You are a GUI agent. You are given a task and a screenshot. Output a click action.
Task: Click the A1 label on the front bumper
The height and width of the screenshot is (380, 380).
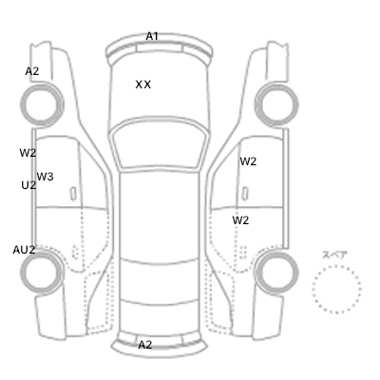click(x=152, y=36)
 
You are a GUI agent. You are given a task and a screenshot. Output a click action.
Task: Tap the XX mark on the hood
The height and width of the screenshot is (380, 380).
click(x=143, y=85)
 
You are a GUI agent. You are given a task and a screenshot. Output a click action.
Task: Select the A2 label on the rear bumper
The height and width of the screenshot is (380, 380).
click(x=145, y=345)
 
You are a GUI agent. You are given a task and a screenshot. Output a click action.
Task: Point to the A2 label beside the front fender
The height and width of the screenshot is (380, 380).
click(x=32, y=71)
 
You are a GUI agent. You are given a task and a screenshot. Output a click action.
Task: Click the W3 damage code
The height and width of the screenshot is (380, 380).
click(x=45, y=177)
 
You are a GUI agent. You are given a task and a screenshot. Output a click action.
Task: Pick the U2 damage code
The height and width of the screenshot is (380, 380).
click(x=28, y=185)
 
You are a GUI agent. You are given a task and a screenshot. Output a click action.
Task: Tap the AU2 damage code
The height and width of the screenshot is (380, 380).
click(x=24, y=250)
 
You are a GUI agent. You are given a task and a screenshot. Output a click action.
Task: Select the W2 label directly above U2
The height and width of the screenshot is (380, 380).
click(x=28, y=153)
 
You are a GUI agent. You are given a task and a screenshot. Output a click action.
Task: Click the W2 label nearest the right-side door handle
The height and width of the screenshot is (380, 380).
click(x=248, y=161)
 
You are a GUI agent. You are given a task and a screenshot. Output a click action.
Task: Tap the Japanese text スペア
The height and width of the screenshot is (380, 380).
click(x=334, y=255)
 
